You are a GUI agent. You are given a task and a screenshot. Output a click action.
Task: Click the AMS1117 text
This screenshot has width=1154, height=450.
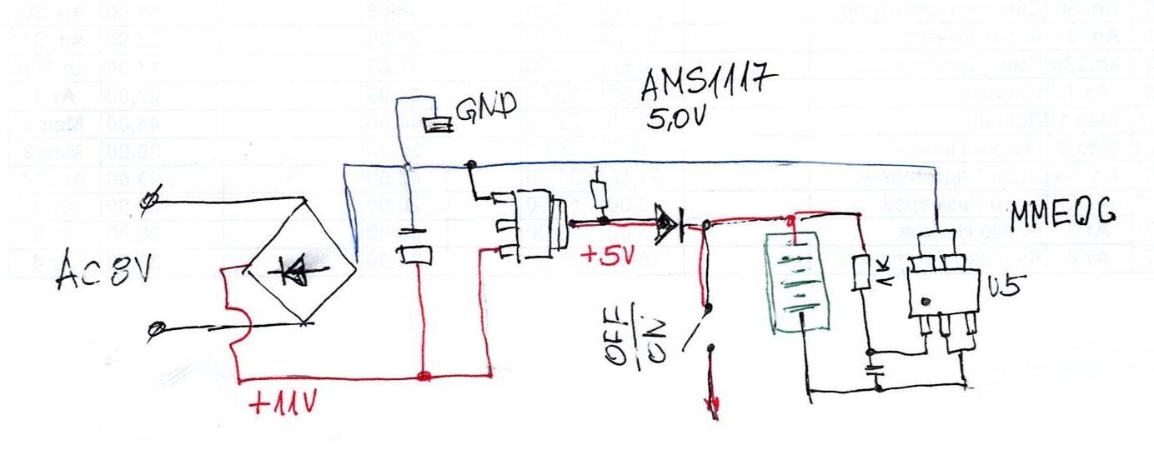pos(708,85)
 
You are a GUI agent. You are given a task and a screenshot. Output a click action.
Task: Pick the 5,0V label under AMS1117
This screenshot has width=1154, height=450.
pos(678,119)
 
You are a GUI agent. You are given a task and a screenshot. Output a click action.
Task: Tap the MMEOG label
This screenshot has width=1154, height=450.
pos(1063,217)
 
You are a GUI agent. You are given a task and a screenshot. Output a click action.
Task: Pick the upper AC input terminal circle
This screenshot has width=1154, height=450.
pos(151,199)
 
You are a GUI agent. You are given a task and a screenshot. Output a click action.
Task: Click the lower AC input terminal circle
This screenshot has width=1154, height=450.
pos(155,330)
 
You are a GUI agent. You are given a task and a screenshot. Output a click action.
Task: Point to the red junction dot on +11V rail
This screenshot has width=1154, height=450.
pos(424,377)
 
